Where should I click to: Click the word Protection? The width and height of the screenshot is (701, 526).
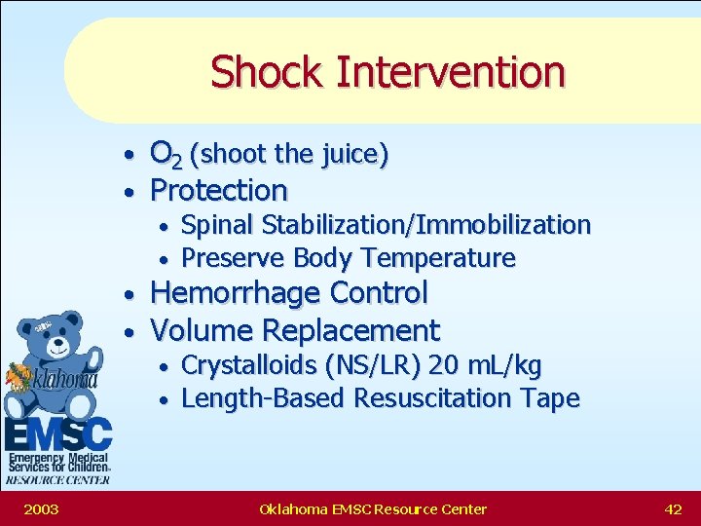pos(219,189)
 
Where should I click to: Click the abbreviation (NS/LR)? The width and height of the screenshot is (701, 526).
pos(379,365)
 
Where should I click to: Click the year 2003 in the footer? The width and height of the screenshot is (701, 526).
pos(40,508)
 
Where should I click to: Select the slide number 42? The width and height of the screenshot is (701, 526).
pos(672,508)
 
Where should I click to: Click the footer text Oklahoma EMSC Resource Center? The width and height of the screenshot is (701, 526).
pos(373,508)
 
